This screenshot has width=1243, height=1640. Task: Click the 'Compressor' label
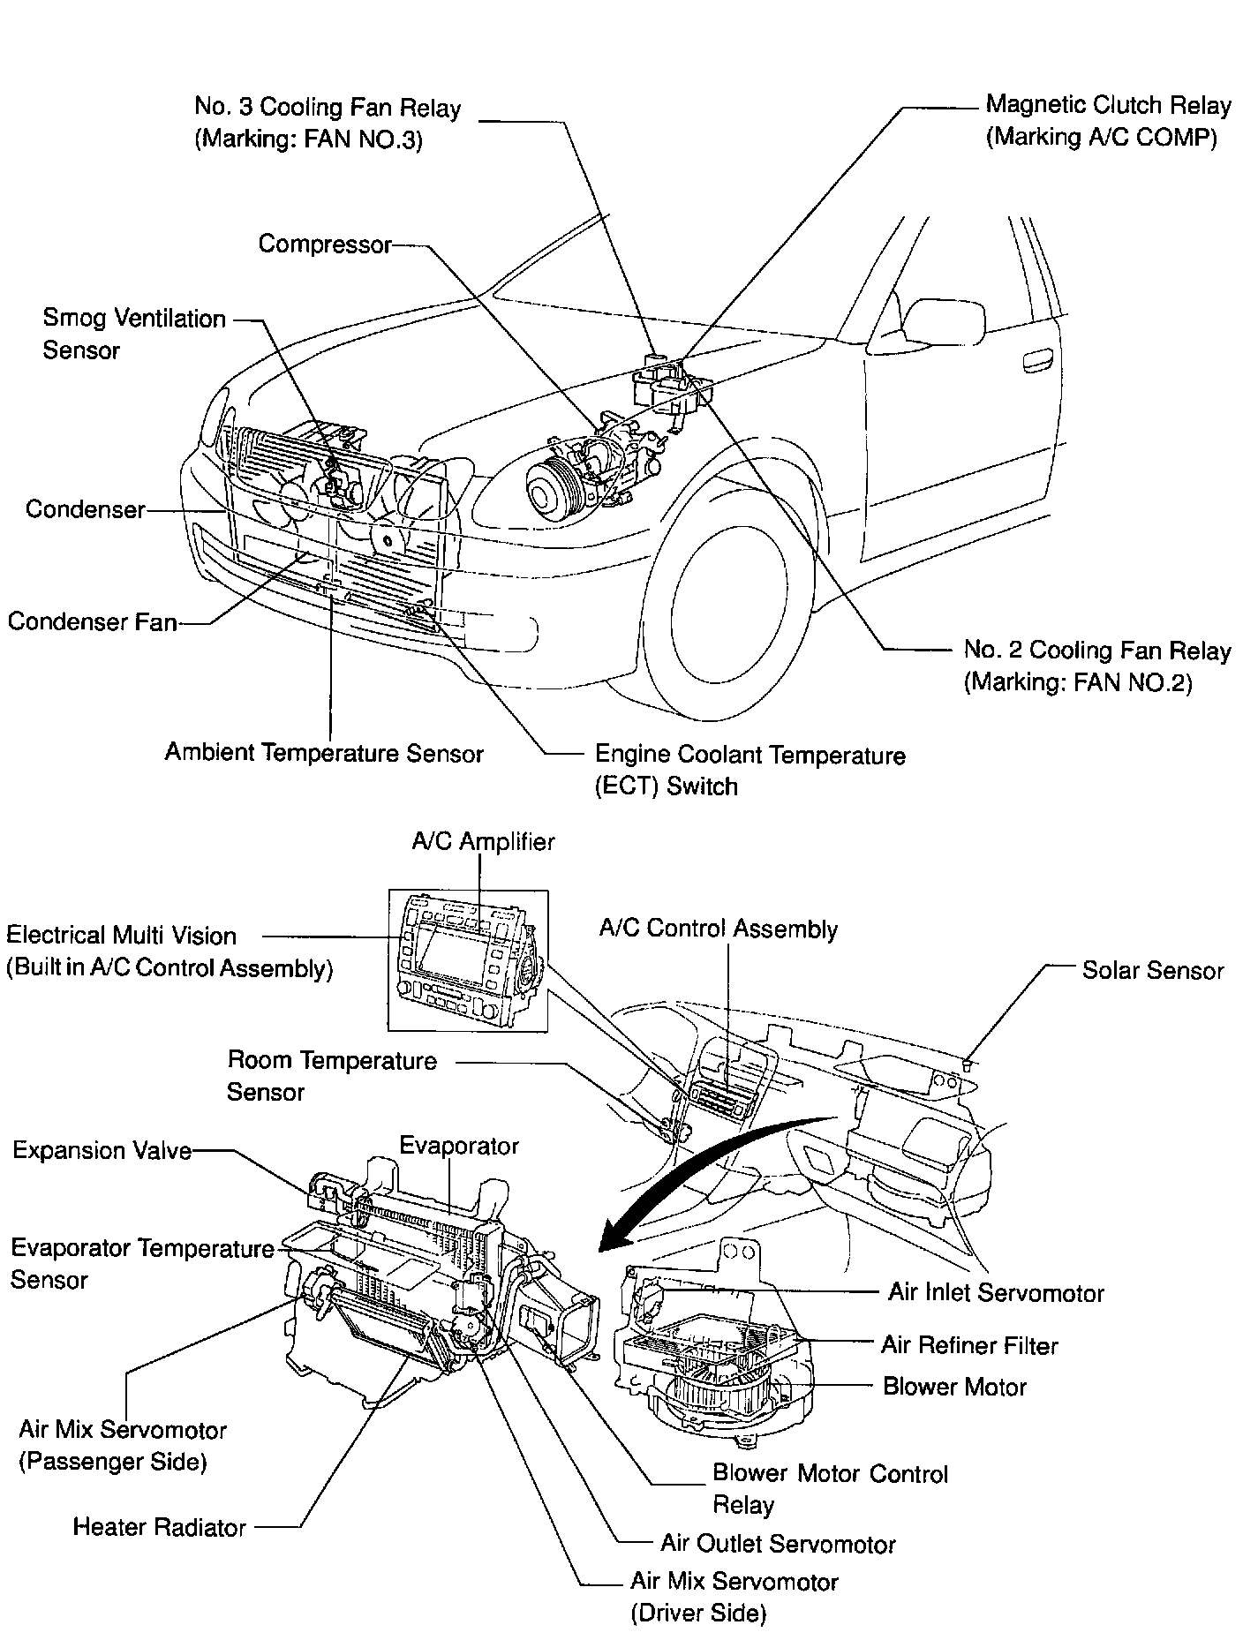pos(324,244)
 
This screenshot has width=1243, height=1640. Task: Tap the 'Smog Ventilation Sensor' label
pos(133,334)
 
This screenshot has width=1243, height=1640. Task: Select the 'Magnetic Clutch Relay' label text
pos(1108,106)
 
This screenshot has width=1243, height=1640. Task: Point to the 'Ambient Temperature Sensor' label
pos(324,753)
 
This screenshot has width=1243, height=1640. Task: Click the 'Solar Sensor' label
pos(1152,970)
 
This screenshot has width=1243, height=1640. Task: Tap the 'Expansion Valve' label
pos(102,1151)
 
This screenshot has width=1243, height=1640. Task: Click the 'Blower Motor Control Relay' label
pos(830,1489)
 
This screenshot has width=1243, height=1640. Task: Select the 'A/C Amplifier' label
pos(483,841)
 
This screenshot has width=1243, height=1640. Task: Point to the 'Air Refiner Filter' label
pos(969,1345)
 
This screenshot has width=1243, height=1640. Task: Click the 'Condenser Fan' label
pos(93,621)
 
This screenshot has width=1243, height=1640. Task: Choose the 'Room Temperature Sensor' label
pos(332,1075)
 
